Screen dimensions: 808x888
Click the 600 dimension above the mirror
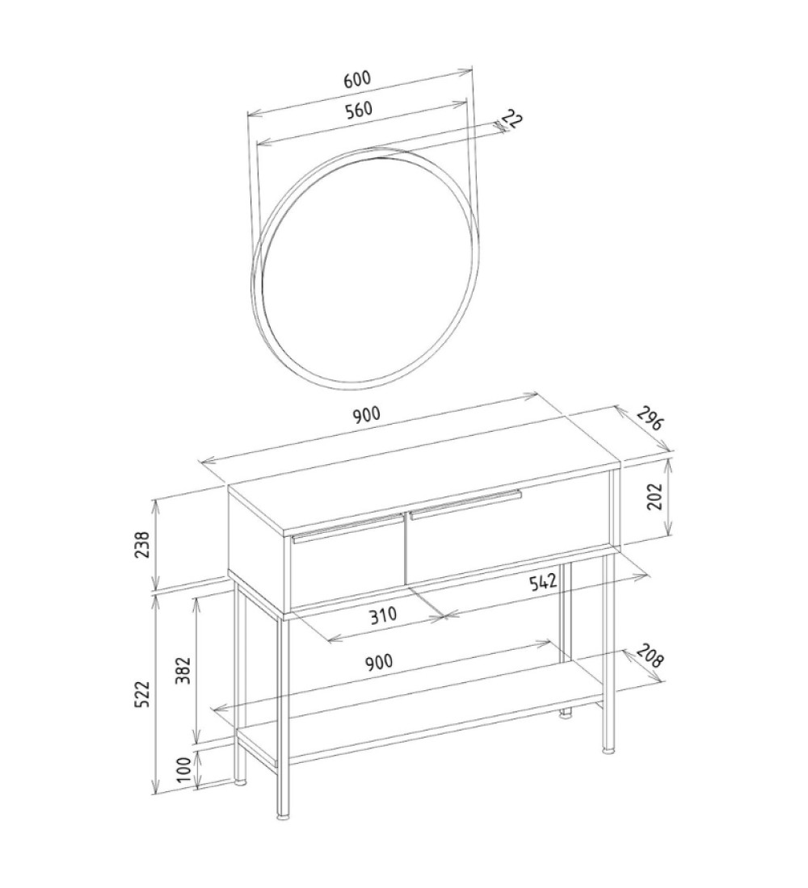pos(357,79)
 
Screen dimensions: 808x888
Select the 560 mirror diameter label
pos(359,110)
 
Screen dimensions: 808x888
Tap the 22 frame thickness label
pos(512,120)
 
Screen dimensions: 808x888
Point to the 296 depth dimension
pos(649,418)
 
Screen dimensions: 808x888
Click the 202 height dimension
pos(655,496)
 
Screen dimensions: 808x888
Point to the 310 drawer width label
pos(384,615)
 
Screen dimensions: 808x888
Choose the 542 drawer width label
pos(543,583)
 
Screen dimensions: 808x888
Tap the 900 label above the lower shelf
pos(379,661)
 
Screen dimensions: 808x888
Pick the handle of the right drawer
pos(465,504)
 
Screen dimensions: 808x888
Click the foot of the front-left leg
pos(282,817)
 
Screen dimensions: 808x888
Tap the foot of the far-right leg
pos(608,752)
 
